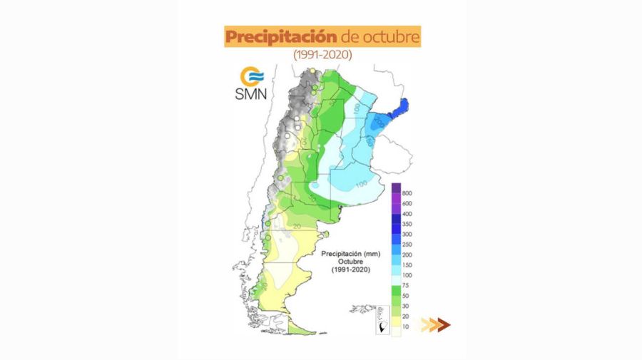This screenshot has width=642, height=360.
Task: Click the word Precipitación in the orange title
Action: tap(270, 36)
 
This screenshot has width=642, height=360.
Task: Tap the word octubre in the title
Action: tap(391, 36)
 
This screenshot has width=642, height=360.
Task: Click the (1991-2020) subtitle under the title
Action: tap(322, 54)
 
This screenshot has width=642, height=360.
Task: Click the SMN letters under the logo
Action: tap(250, 94)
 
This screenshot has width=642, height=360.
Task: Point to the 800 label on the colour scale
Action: tap(407, 193)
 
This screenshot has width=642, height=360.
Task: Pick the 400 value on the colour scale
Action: tap(407, 214)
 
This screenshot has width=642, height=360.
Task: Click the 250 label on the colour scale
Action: tap(407, 245)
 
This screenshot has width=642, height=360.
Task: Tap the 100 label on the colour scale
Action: tap(407, 275)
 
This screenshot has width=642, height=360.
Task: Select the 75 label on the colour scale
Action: tap(406, 285)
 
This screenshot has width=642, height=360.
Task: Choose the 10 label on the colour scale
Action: tap(406, 326)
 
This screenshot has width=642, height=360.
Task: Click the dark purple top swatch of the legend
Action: tap(396, 188)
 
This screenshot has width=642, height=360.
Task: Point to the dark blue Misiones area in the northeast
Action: tap(402, 108)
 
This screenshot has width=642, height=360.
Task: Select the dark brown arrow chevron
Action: tap(444, 325)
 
